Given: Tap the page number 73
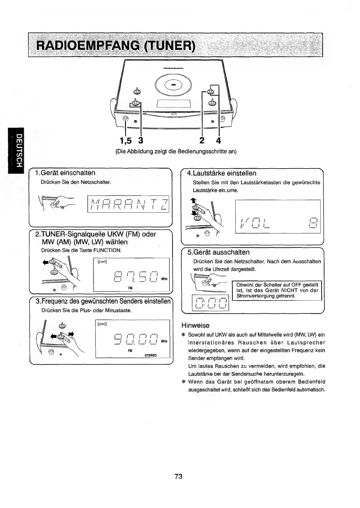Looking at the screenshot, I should tap(178, 476).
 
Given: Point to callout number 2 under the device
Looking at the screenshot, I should tap(202, 140).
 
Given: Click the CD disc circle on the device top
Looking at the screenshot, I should tap(173, 85).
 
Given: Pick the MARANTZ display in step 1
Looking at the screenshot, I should tap(128, 204).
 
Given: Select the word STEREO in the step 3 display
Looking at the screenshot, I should tap(150, 355).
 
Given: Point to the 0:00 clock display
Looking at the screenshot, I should tap(211, 303).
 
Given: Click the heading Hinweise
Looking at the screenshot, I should tap(195, 325).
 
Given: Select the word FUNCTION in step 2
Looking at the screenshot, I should tap(107, 250).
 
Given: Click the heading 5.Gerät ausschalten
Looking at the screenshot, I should tap(221, 252).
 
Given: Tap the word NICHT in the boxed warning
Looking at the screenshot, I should tap(290, 290).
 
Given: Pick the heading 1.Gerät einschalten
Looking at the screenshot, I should tap(65, 173).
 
